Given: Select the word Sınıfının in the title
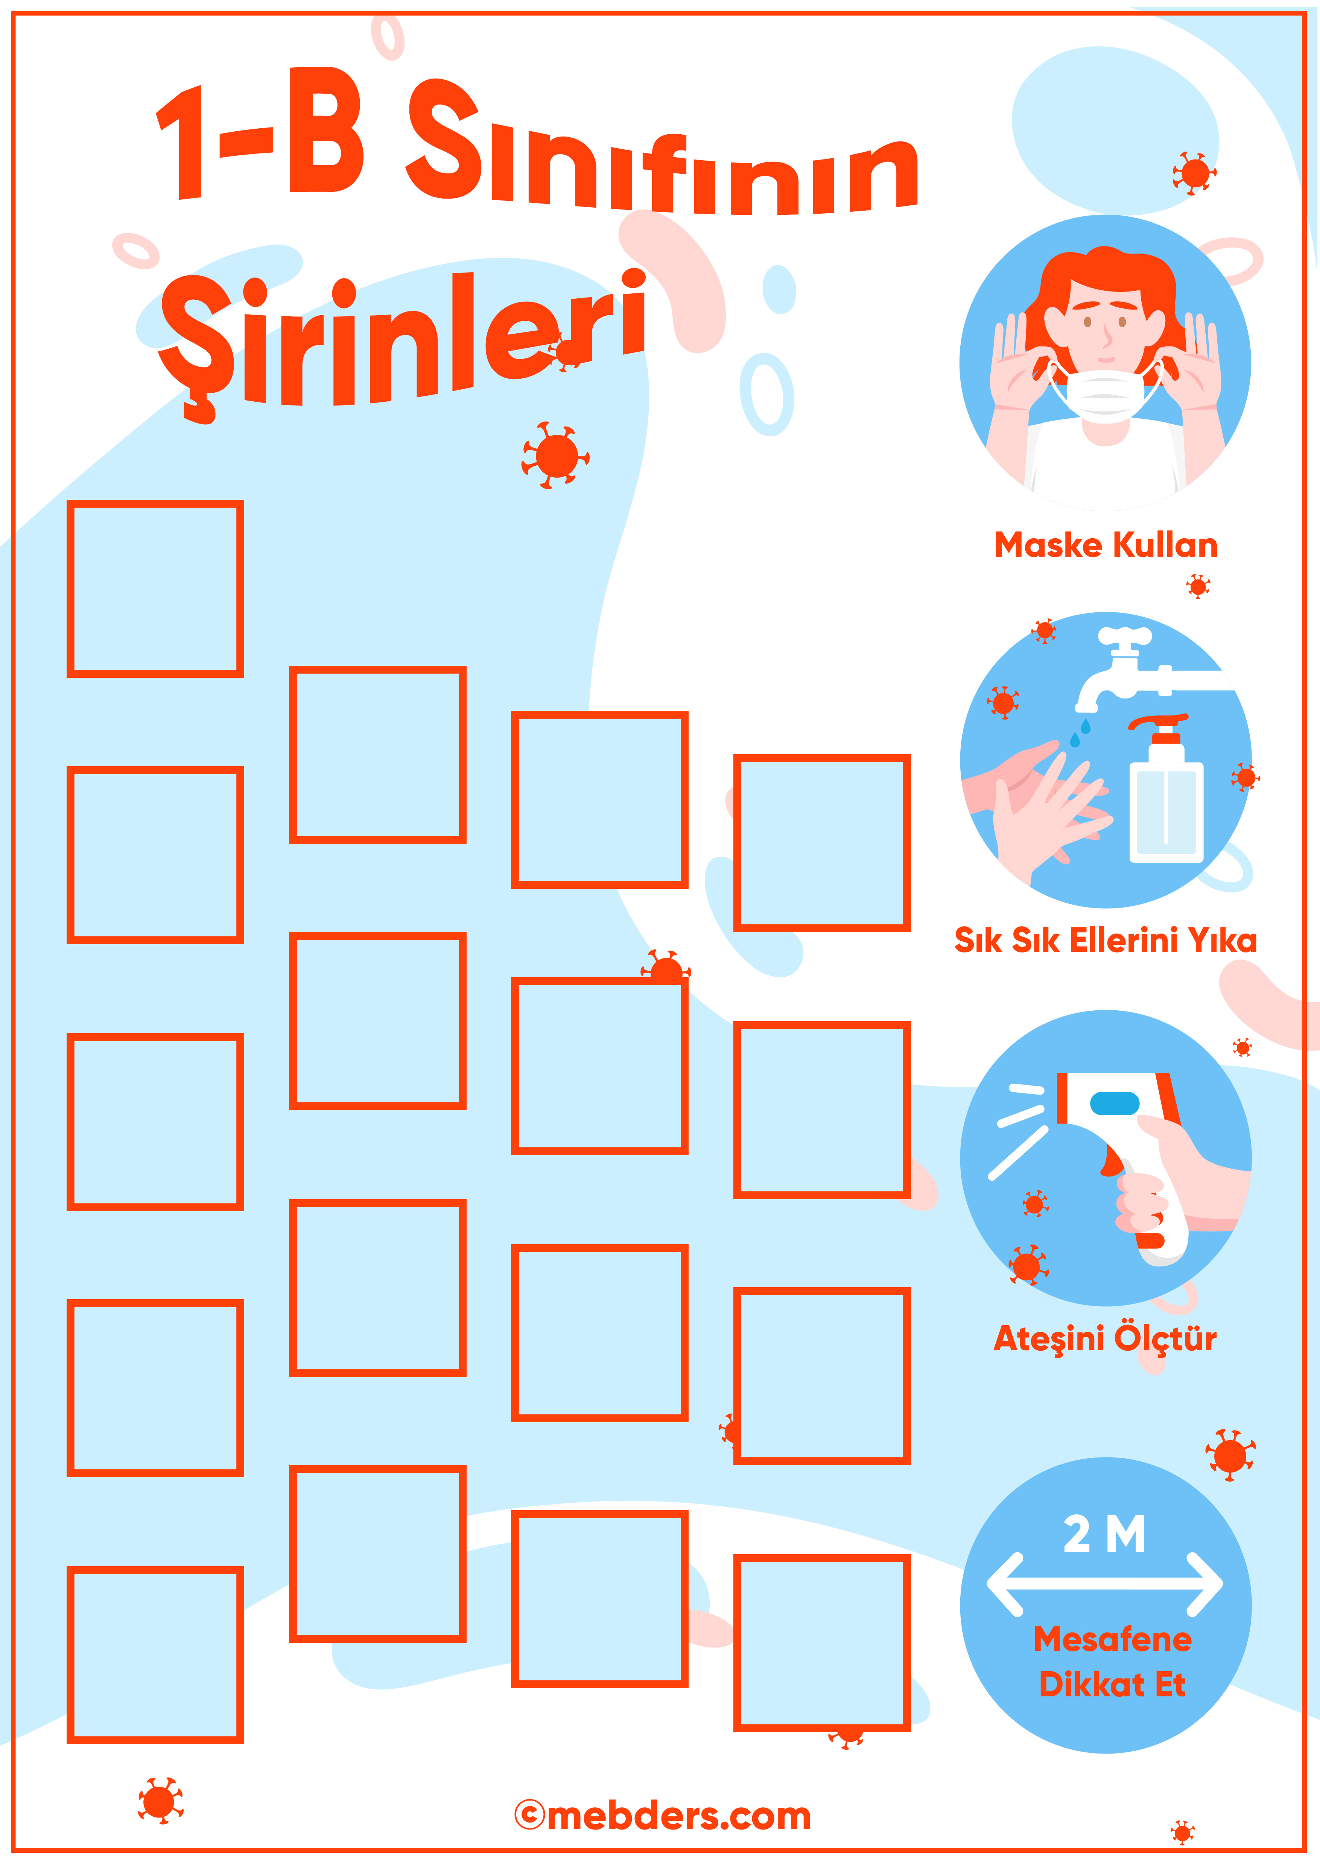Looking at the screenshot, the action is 662,150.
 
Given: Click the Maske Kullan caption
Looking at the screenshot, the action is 1106,545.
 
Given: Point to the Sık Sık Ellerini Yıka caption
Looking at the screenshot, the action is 1106,940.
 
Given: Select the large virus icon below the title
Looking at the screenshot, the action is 556,455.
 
